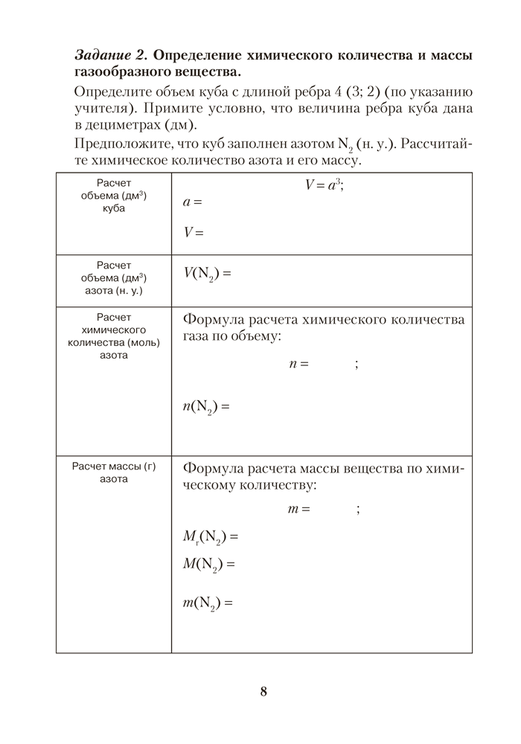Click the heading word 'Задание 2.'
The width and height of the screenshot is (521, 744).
click(x=112, y=56)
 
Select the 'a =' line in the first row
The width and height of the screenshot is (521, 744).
click(x=192, y=202)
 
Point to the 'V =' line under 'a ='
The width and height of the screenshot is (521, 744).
click(x=193, y=231)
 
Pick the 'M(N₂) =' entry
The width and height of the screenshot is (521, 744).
click(x=208, y=565)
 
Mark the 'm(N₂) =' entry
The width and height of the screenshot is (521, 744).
click(x=208, y=603)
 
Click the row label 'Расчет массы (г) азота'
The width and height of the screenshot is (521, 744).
click(x=114, y=472)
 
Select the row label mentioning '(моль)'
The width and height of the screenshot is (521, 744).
click(x=114, y=336)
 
